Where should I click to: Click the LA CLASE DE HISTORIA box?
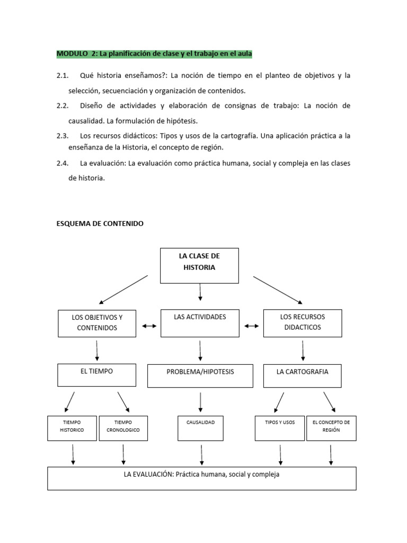[199, 265]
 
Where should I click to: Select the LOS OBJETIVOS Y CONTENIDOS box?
[97, 323]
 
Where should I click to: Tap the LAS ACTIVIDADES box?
[200, 323]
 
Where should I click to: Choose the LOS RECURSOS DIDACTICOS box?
[302, 323]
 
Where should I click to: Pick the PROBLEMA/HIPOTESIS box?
[200, 375]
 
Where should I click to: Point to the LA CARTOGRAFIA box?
[302, 375]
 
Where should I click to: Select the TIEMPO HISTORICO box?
[72, 427]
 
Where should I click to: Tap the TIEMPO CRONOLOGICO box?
[123, 427]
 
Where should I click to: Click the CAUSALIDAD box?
[200, 427]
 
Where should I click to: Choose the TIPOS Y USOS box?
[279, 427]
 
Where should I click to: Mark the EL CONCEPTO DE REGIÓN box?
[331, 427]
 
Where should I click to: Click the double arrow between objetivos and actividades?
[149, 326]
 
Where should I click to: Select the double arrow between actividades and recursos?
[251, 326]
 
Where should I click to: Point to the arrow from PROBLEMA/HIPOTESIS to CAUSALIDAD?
[200, 402]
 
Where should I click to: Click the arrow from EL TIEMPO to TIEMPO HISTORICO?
[69, 401]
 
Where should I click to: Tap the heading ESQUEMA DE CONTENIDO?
[100, 224]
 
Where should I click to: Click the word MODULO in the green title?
[70, 54]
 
